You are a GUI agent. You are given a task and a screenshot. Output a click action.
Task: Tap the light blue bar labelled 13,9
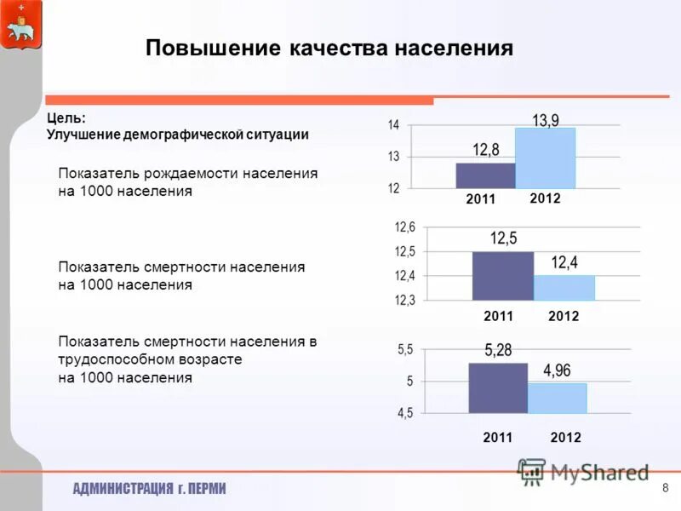pyautogui.click(x=545, y=158)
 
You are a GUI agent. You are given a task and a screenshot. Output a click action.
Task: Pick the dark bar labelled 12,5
pyautogui.click(x=502, y=275)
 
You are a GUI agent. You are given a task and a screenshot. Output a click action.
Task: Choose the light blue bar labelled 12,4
pyautogui.click(x=564, y=287)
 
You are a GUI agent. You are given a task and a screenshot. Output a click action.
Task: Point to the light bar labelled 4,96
pyautogui.click(x=557, y=398)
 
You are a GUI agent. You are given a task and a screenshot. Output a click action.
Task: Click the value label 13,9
pyautogui.click(x=546, y=120)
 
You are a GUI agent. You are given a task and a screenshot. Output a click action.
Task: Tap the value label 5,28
pyautogui.click(x=498, y=349)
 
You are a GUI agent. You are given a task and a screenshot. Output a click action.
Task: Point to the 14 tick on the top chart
pyautogui.click(x=394, y=125)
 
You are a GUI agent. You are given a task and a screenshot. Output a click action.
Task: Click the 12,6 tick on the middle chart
pyautogui.click(x=404, y=227)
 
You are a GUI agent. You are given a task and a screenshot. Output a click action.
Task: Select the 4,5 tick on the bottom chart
pyautogui.click(x=404, y=413)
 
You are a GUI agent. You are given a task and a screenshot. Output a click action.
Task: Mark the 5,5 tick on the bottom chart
pyautogui.click(x=404, y=350)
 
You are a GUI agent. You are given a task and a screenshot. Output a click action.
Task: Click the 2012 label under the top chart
pyautogui.click(x=545, y=198)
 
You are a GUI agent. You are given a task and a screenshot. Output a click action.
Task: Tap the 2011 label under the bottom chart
pyautogui.click(x=498, y=437)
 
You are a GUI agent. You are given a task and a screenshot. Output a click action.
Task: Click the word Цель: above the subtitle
pyautogui.click(x=66, y=119)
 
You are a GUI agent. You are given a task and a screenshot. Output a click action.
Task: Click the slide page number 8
pyautogui.click(x=665, y=487)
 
